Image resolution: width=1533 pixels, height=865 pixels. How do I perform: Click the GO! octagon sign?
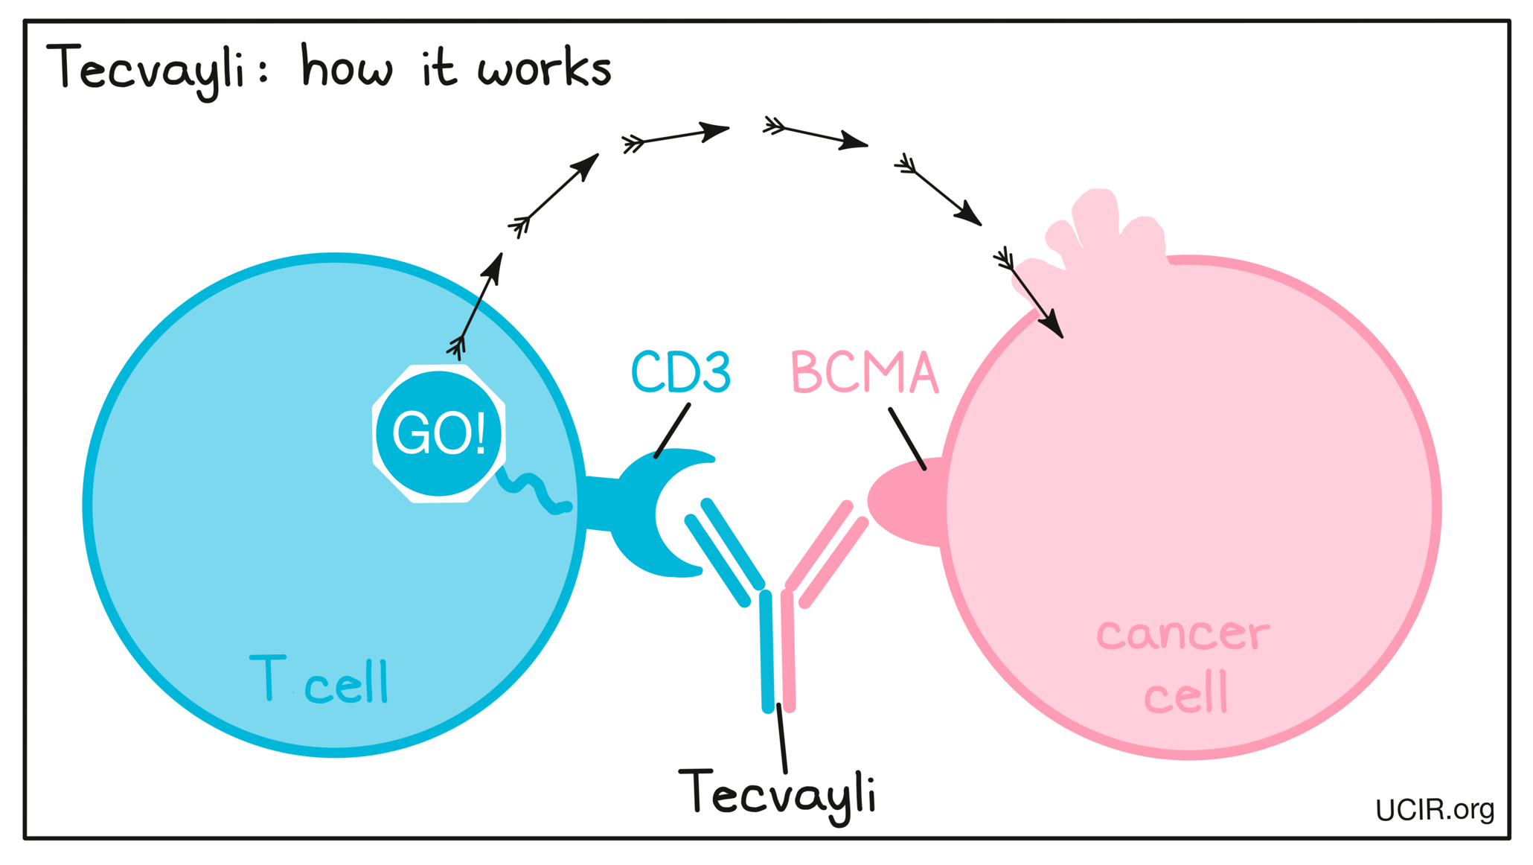[439, 433]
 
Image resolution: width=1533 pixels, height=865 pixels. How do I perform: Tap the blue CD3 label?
[680, 371]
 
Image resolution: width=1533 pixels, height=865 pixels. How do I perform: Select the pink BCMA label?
[864, 372]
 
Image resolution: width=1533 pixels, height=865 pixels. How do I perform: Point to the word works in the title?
[544, 68]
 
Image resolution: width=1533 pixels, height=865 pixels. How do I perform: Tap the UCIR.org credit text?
[1433, 810]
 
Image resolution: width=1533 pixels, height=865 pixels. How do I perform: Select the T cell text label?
[319, 680]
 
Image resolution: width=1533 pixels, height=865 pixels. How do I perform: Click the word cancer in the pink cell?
[1182, 633]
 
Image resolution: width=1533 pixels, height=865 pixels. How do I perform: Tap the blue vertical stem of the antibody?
[766, 651]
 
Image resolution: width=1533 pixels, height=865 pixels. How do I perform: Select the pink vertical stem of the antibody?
[788, 651]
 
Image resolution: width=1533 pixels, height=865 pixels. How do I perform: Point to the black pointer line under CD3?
[672, 431]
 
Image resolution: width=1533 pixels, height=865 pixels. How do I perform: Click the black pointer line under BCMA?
[907, 439]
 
